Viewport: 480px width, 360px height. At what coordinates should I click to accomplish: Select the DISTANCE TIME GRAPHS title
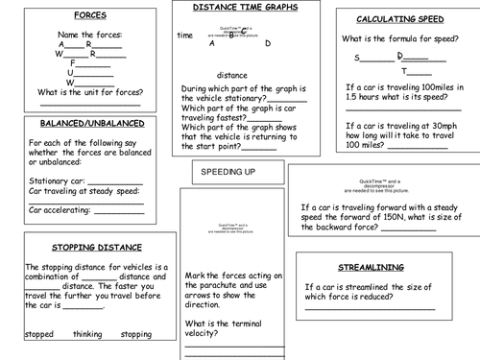tap(245, 8)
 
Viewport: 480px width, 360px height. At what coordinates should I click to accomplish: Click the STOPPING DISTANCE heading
tap(93, 247)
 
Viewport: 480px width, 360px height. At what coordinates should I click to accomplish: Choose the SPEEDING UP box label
tap(228, 171)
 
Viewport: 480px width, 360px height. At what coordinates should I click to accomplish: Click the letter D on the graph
tap(268, 43)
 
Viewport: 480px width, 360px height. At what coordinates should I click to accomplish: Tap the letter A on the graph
tap(211, 43)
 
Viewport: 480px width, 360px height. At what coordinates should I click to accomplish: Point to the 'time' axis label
tap(185, 36)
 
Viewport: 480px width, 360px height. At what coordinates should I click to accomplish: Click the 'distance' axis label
tap(231, 74)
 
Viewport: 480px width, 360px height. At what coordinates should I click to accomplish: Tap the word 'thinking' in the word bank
tap(89, 334)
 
